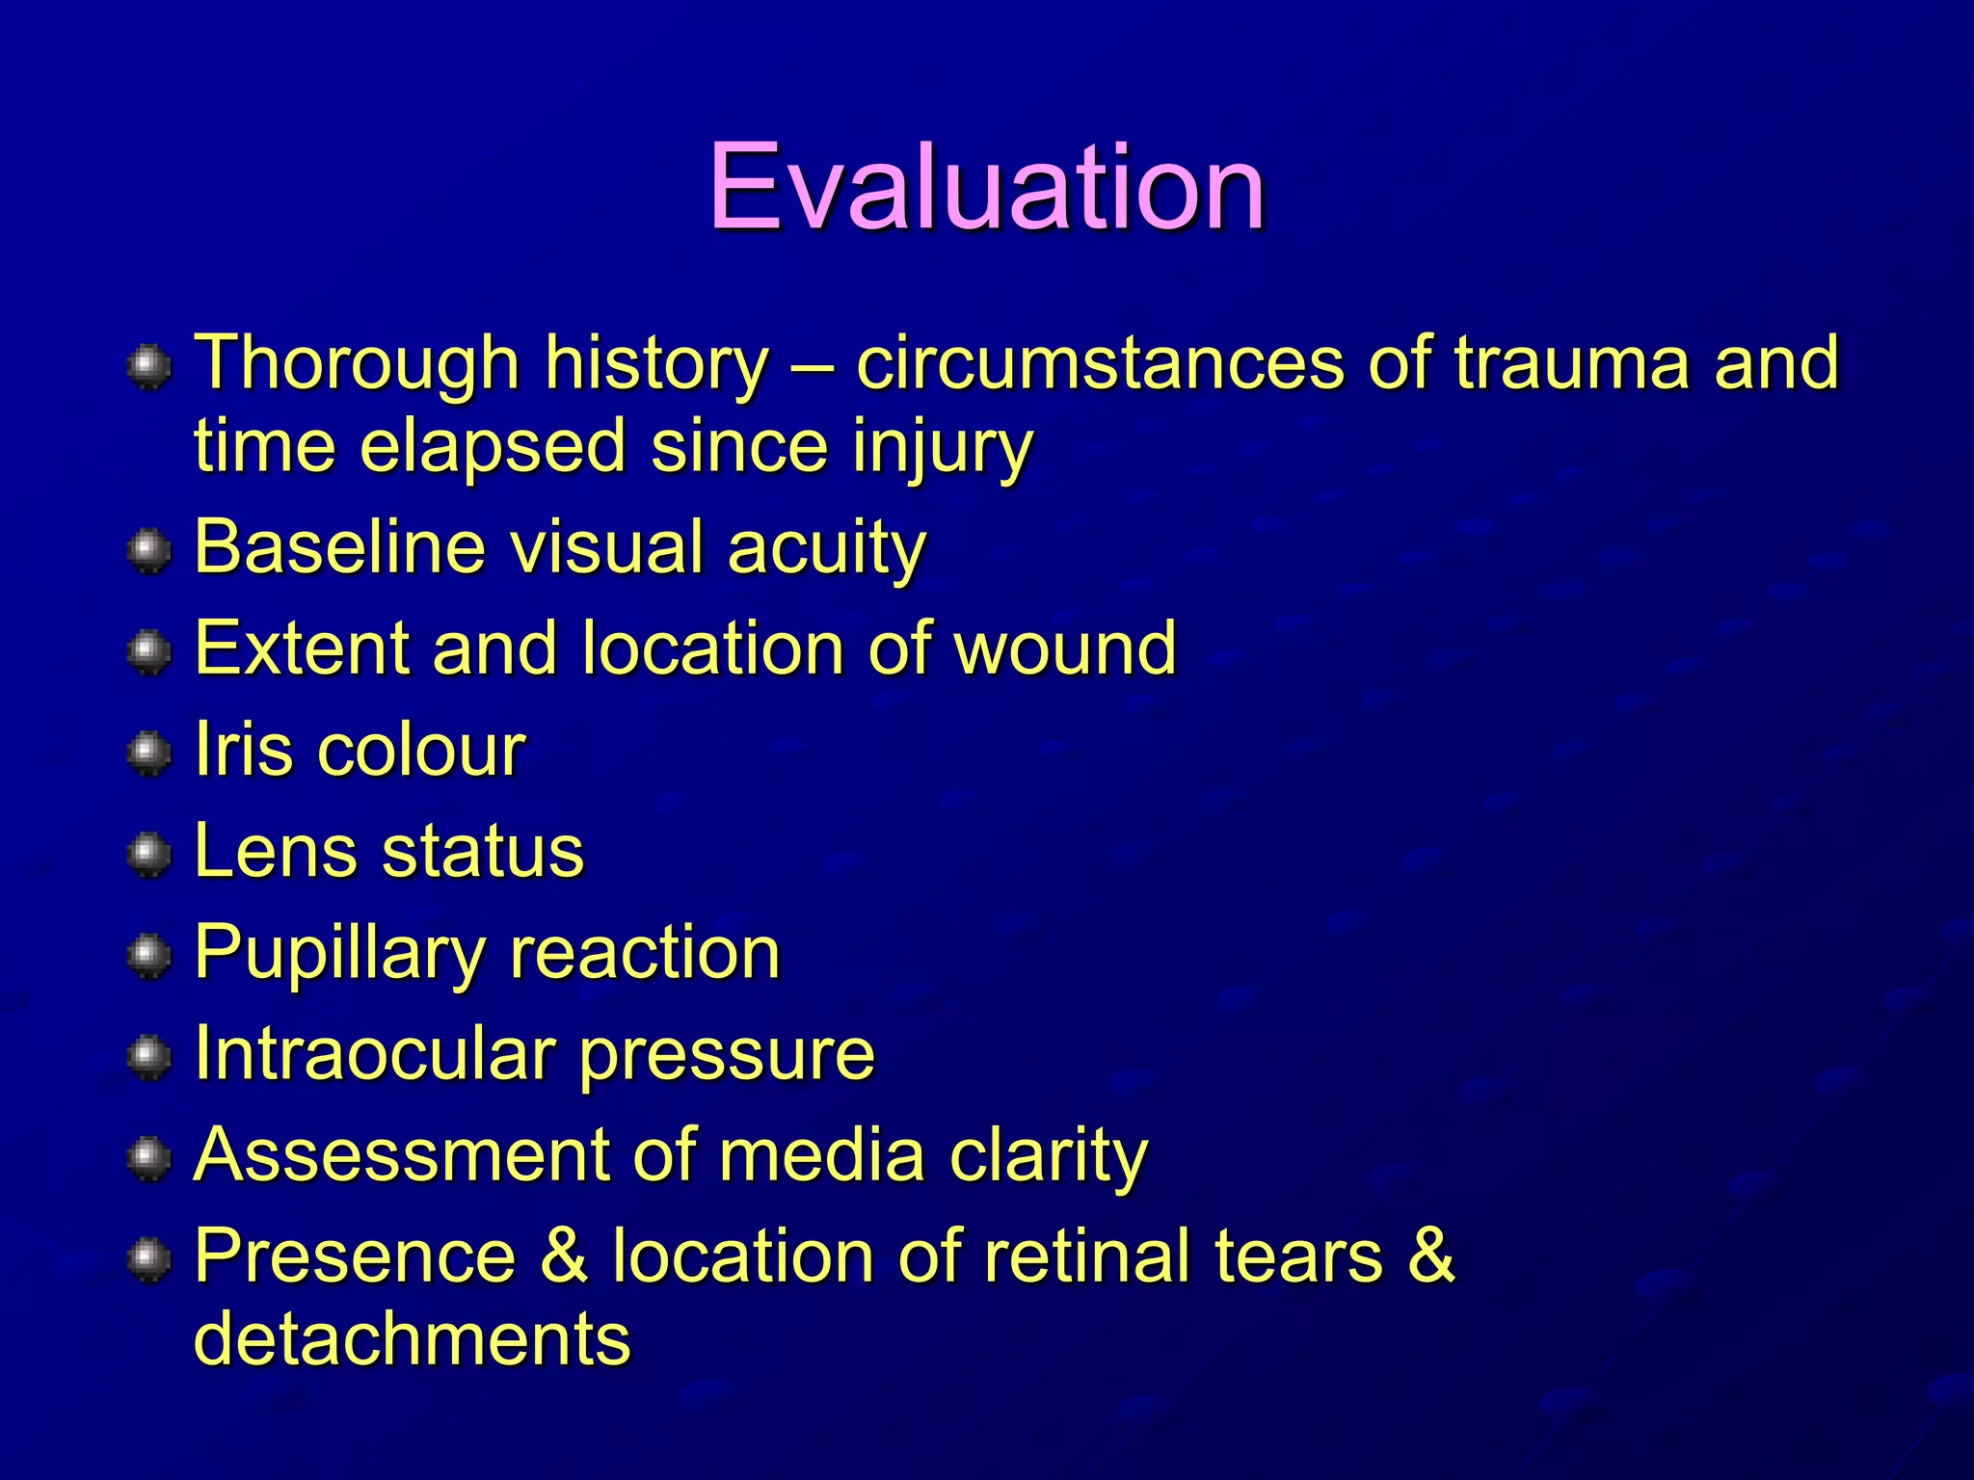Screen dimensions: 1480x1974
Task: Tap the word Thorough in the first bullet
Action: [x=358, y=363]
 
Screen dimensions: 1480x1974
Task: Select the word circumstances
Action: [x=1099, y=363]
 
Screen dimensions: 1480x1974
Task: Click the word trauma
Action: [x=1572, y=363]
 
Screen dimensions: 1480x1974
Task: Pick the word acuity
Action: [x=826, y=546]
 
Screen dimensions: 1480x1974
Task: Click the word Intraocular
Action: [x=374, y=1053]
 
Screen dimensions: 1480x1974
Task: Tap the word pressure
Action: [x=728, y=1055]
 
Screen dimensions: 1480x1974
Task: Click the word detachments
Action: [x=413, y=1339]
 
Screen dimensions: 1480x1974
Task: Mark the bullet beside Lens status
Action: [x=148, y=854]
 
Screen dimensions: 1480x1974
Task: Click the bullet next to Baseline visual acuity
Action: [x=148, y=550]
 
